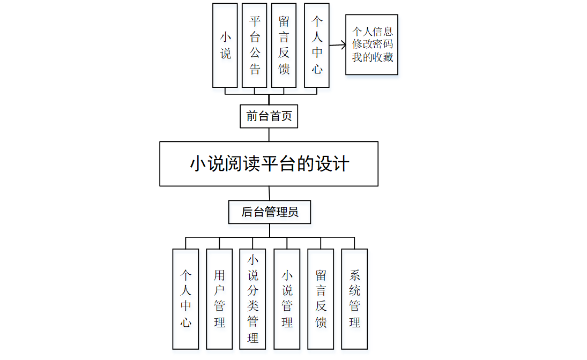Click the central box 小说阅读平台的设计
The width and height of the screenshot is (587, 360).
[x=269, y=163]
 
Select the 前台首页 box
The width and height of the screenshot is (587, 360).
[x=269, y=116]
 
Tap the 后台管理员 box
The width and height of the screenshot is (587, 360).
[x=269, y=212]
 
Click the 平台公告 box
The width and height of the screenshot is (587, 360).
[x=255, y=45]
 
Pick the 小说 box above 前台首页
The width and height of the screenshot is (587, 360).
[x=225, y=45]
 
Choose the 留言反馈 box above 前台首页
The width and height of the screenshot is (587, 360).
[x=284, y=45]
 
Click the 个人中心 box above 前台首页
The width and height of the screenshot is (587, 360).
[x=317, y=45]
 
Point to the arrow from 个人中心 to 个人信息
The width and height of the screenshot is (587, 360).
[x=337, y=46]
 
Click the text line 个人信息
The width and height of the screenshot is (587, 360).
[x=372, y=32]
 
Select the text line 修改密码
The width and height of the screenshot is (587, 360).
[x=372, y=44]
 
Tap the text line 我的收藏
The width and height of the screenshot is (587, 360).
[x=372, y=57]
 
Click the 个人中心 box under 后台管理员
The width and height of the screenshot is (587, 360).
[x=185, y=299]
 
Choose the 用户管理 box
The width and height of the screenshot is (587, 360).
[x=219, y=299]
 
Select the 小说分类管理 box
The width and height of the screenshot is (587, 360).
[x=252, y=299]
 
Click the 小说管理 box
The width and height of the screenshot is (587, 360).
[x=287, y=299]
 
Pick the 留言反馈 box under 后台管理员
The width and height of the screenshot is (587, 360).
[x=321, y=299]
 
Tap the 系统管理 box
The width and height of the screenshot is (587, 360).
[x=354, y=299]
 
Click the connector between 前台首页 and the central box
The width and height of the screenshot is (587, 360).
[x=269, y=134]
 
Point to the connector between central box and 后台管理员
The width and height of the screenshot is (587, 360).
[x=269, y=193]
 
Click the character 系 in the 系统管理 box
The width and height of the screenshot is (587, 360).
[x=354, y=275]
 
